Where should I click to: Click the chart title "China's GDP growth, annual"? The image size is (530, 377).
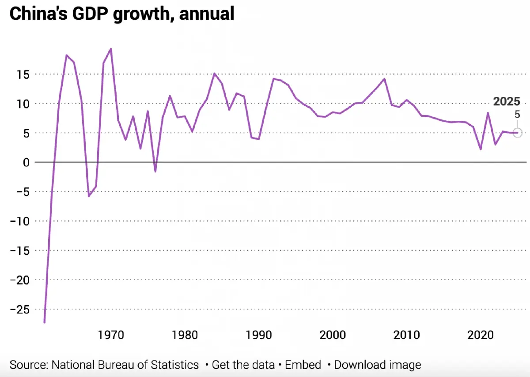pyautogui.click(x=121, y=14)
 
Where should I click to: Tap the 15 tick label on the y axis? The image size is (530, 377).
pyautogui.click(x=20, y=75)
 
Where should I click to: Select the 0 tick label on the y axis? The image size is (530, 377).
pyautogui.click(x=26, y=162)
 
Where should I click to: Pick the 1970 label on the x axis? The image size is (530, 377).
pyautogui.click(x=111, y=335)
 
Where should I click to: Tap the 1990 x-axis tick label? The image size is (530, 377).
pyautogui.click(x=258, y=335)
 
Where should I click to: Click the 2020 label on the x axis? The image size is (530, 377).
pyautogui.click(x=481, y=335)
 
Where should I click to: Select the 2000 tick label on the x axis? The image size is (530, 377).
pyautogui.click(x=332, y=335)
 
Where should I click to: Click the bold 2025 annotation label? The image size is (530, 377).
pyautogui.click(x=507, y=101)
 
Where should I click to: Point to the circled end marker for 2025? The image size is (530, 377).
pyautogui.click(x=518, y=133)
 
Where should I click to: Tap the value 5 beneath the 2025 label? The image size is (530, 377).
pyautogui.click(x=517, y=114)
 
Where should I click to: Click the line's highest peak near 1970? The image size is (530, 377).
pyautogui.click(x=111, y=49)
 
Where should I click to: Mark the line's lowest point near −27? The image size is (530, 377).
pyautogui.click(x=44, y=322)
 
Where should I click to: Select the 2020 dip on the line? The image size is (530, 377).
pyautogui.click(x=481, y=149)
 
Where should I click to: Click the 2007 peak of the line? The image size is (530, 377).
pyautogui.click(x=385, y=79)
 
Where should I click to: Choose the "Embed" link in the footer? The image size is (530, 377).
pyautogui.click(x=304, y=365)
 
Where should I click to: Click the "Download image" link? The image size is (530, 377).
pyautogui.click(x=377, y=365)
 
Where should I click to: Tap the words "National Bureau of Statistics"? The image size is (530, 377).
pyautogui.click(x=125, y=365)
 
